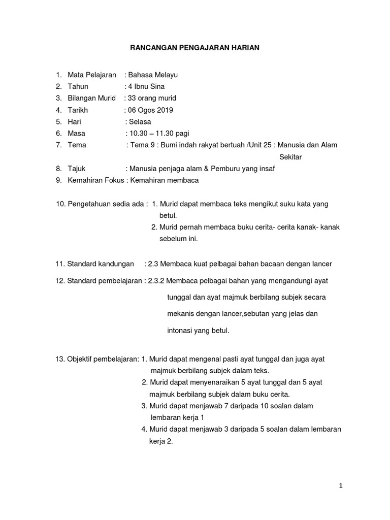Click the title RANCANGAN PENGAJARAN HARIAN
(x=194, y=48)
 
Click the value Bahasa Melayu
(x=153, y=75)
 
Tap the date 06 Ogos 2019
(x=150, y=110)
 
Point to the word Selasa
(x=140, y=121)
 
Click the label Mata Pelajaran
(x=92, y=75)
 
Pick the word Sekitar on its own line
(x=291, y=157)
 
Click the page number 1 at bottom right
(x=341, y=485)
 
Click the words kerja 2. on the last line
(x=161, y=441)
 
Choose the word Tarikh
(x=78, y=110)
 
